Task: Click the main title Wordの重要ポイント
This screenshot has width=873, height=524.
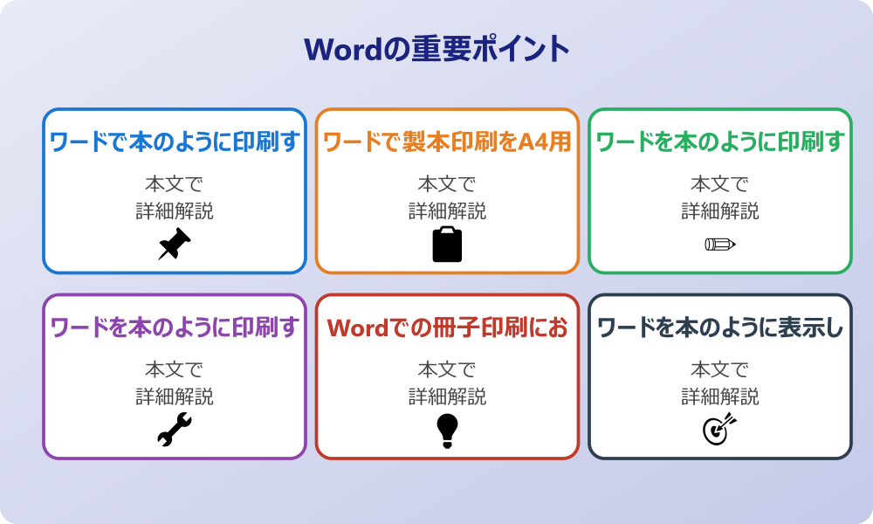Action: (436, 48)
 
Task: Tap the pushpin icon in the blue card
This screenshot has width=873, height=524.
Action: (175, 244)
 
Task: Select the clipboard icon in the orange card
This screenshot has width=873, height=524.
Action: (447, 244)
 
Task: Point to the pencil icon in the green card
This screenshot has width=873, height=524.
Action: (720, 244)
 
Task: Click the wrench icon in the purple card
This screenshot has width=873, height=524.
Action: (175, 430)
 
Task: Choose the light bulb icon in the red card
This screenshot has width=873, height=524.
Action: (447, 430)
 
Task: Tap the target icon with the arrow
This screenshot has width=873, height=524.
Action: (720, 430)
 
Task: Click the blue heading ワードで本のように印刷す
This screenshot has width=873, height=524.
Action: (175, 141)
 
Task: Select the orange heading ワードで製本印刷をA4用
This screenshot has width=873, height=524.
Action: (447, 141)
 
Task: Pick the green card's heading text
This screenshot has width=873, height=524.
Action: (720, 141)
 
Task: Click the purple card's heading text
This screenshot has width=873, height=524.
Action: (175, 327)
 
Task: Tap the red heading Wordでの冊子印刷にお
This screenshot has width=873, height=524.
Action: (447, 327)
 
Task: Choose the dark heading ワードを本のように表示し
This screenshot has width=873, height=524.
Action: (720, 327)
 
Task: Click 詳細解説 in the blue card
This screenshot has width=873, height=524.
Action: (175, 210)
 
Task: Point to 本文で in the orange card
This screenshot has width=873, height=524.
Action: (447, 184)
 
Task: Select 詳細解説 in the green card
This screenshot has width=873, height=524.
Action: (720, 210)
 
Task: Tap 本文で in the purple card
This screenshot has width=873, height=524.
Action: (175, 369)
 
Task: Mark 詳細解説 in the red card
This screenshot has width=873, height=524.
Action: (447, 396)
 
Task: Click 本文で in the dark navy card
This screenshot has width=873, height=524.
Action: (720, 369)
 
